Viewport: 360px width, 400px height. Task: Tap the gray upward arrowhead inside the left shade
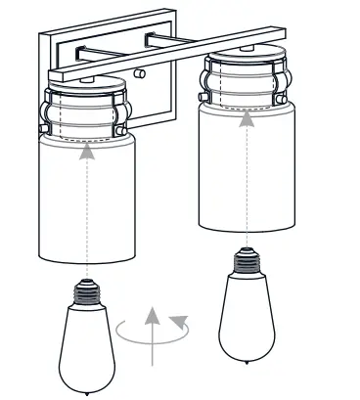pos(88,150)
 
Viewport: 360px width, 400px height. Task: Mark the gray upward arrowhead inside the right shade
pos(245,119)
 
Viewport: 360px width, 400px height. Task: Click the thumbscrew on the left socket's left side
pos(43,124)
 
